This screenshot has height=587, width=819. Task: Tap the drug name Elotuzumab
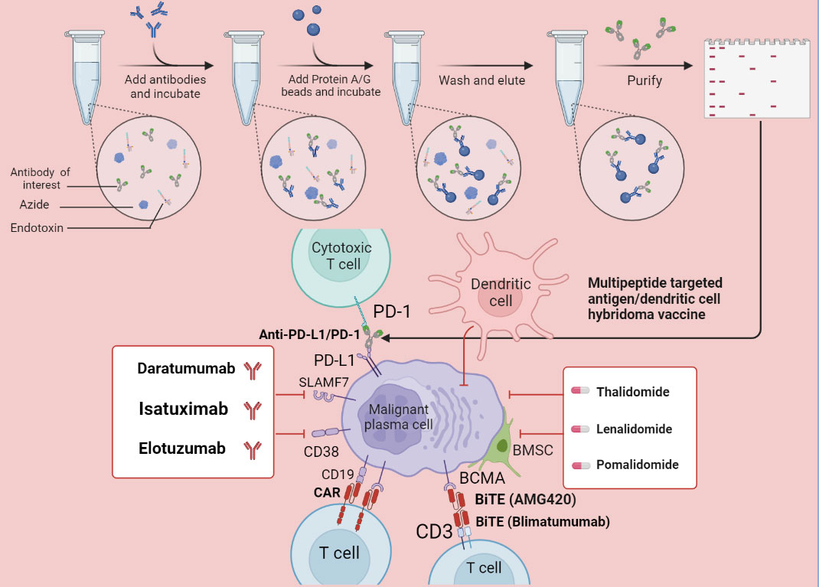tap(181, 449)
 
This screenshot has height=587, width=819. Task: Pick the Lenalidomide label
tap(634, 429)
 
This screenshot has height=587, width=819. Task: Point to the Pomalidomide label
tap(637, 465)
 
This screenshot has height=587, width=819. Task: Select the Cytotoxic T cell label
tap(340, 256)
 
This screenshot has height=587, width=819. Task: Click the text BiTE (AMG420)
tap(524, 500)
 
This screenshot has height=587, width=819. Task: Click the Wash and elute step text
tap(481, 80)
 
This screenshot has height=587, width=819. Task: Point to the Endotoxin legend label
tap(36, 227)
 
